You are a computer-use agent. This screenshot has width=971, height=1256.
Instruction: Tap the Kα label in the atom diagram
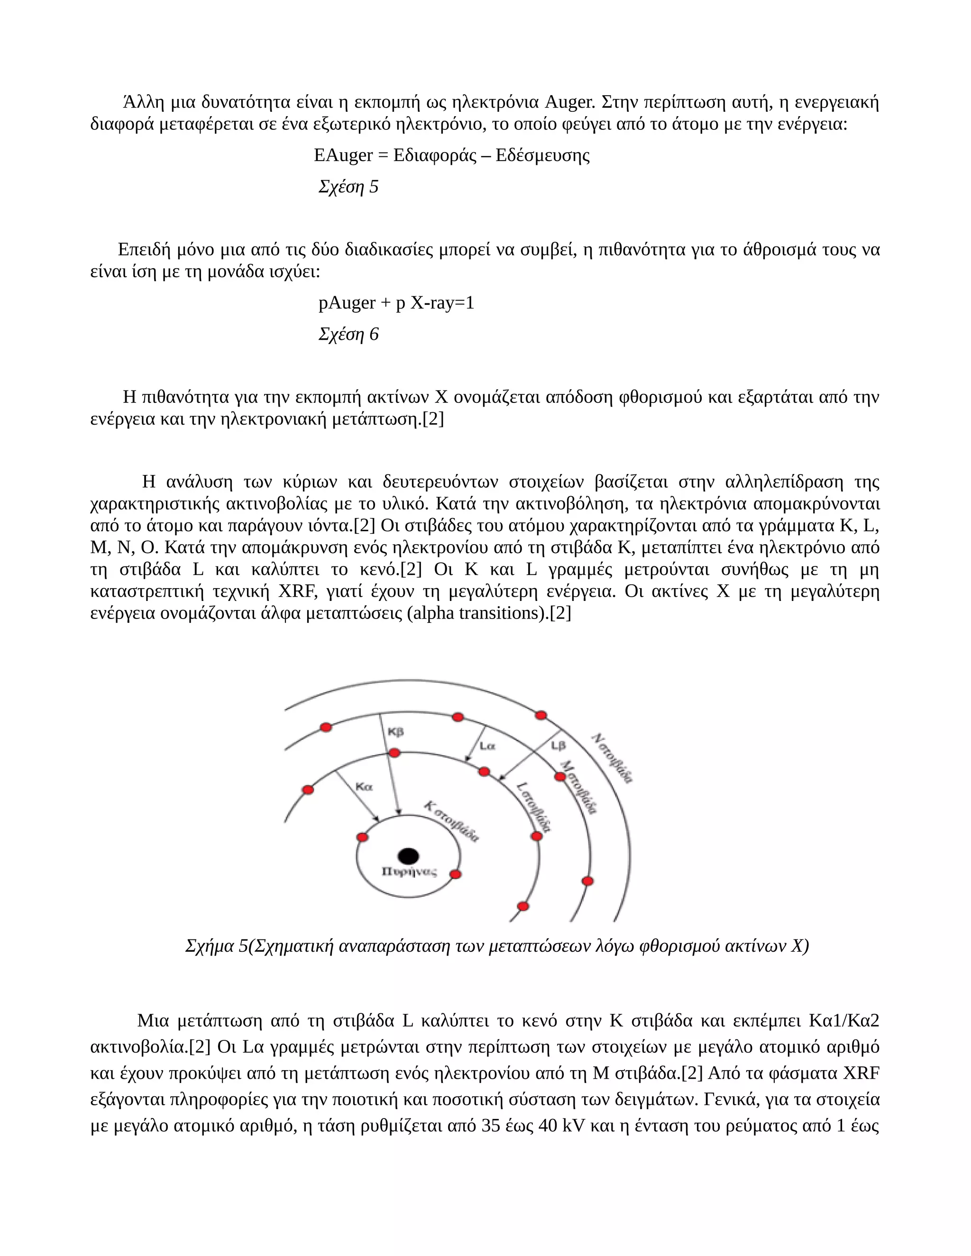point(364,787)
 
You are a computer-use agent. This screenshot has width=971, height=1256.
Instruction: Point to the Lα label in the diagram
point(487,746)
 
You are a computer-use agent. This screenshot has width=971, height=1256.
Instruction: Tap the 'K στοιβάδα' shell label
point(451,822)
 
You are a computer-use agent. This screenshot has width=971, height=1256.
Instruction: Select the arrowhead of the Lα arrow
point(467,760)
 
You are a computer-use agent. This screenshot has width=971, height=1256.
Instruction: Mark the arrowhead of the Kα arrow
point(377,819)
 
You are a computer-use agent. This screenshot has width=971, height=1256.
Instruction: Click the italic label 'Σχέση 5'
point(348,187)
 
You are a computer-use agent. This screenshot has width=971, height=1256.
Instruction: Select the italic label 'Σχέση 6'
point(348,334)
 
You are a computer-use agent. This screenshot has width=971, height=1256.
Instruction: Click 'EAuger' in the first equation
point(343,155)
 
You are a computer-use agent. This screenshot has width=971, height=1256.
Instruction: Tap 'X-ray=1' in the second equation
point(442,303)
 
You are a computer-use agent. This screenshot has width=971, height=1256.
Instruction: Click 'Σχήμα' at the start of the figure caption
point(209,946)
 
